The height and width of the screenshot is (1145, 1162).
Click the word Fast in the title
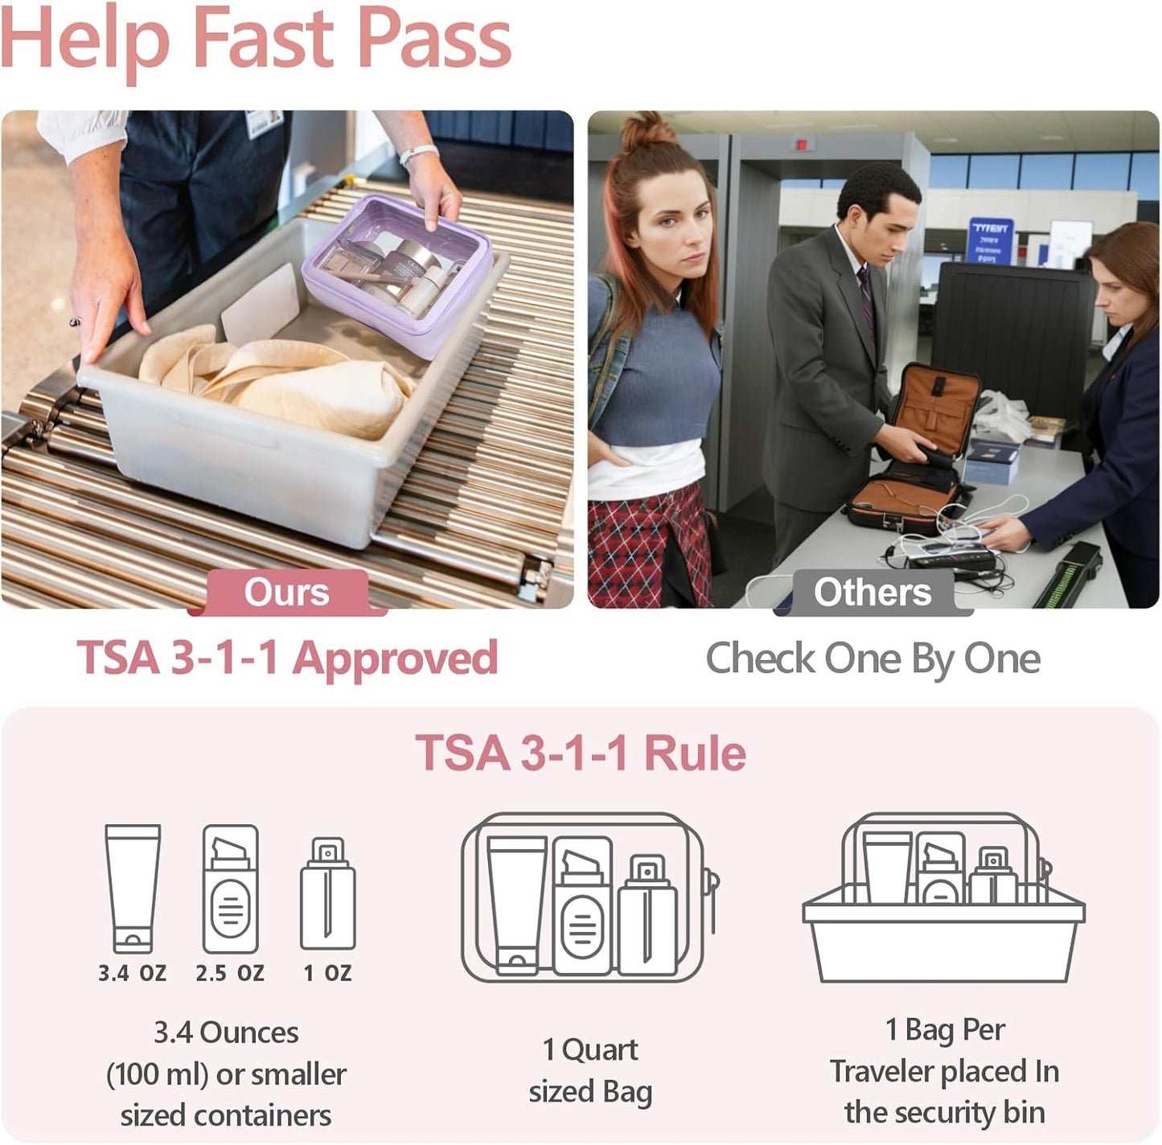point(263,39)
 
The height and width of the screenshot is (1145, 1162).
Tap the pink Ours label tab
point(286,593)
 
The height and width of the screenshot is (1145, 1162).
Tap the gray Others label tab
point(873,593)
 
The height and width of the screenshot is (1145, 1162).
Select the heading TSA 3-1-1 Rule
point(581,753)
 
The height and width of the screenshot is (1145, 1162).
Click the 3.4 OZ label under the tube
point(133,973)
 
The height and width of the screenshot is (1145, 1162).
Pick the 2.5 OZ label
point(230,973)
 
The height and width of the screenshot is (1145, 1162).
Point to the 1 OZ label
point(327,973)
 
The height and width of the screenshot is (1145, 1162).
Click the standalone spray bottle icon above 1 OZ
point(327,894)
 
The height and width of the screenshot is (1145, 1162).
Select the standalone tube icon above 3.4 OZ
point(133,888)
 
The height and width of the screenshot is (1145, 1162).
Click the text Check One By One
point(873,659)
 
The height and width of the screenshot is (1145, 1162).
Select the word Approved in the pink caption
point(395,659)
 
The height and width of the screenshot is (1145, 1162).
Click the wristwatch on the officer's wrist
point(418,153)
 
